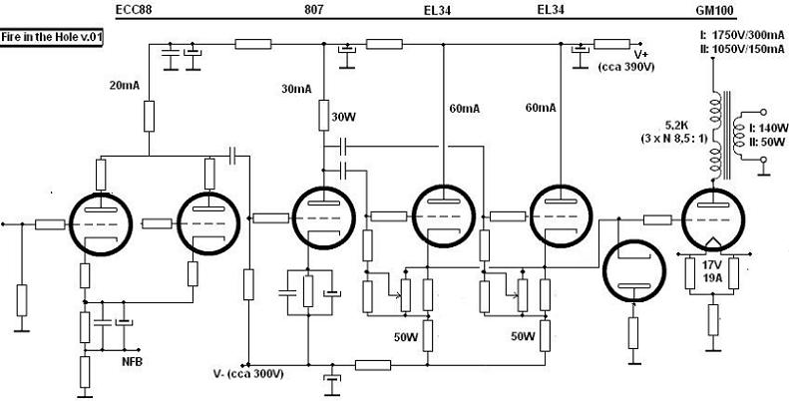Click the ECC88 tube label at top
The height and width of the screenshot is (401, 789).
tap(132, 10)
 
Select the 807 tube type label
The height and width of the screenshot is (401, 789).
tap(311, 10)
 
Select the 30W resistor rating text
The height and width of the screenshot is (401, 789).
tap(343, 117)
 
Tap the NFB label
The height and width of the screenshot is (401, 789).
tap(132, 360)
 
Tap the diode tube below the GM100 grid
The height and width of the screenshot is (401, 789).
tap(632, 270)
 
